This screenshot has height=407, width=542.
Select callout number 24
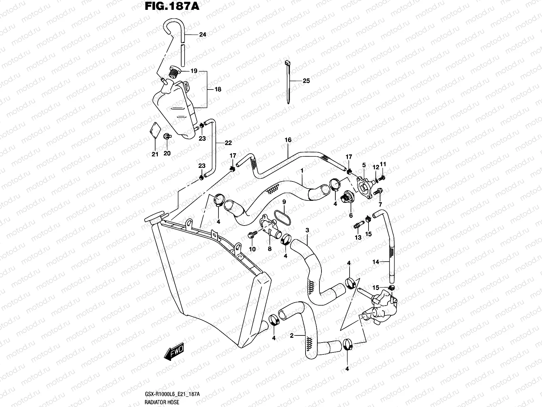(x=203, y=35)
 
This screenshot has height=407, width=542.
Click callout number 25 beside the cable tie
(x=306, y=81)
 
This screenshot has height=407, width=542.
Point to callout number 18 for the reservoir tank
(x=218, y=90)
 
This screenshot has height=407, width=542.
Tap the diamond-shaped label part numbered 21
(x=155, y=131)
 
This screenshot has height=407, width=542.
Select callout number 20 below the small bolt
(x=167, y=153)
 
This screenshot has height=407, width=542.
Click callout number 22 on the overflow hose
(x=228, y=143)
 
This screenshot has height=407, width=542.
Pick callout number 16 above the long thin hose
(x=288, y=140)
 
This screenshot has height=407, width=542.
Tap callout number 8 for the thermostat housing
(x=270, y=249)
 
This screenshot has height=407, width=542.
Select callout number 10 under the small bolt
(x=252, y=249)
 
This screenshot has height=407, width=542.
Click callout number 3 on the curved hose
(x=307, y=230)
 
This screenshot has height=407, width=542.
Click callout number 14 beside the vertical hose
(x=375, y=261)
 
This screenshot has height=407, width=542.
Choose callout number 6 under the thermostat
(x=351, y=215)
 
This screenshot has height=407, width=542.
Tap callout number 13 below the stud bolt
(x=358, y=238)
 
